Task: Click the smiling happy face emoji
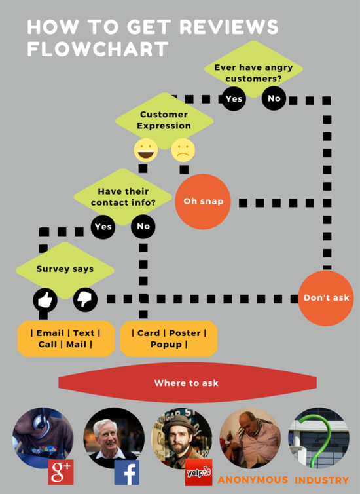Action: [x=146, y=150]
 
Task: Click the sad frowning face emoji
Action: [x=183, y=150]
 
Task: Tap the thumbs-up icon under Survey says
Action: [x=45, y=299]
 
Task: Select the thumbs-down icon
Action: [x=85, y=299]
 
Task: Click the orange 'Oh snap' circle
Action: [x=203, y=202]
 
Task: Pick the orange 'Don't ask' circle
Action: [x=326, y=298]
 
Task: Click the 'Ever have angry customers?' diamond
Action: [x=254, y=69]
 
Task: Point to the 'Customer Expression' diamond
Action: [x=164, y=121]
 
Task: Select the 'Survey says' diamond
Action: [x=65, y=271]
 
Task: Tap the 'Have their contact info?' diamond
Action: [x=123, y=197]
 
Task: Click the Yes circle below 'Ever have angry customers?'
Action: [x=234, y=99]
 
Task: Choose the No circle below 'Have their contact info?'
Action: [x=143, y=227]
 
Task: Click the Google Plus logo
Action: [x=61, y=472]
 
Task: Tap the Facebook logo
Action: [x=127, y=472]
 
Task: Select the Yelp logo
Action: [x=198, y=472]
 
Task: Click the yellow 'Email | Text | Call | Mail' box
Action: [x=65, y=339]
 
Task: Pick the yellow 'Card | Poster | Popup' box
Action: [x=169, y=339]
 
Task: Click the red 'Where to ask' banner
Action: [x=188, y=383]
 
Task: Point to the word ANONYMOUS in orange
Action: [x=253, y=480]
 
